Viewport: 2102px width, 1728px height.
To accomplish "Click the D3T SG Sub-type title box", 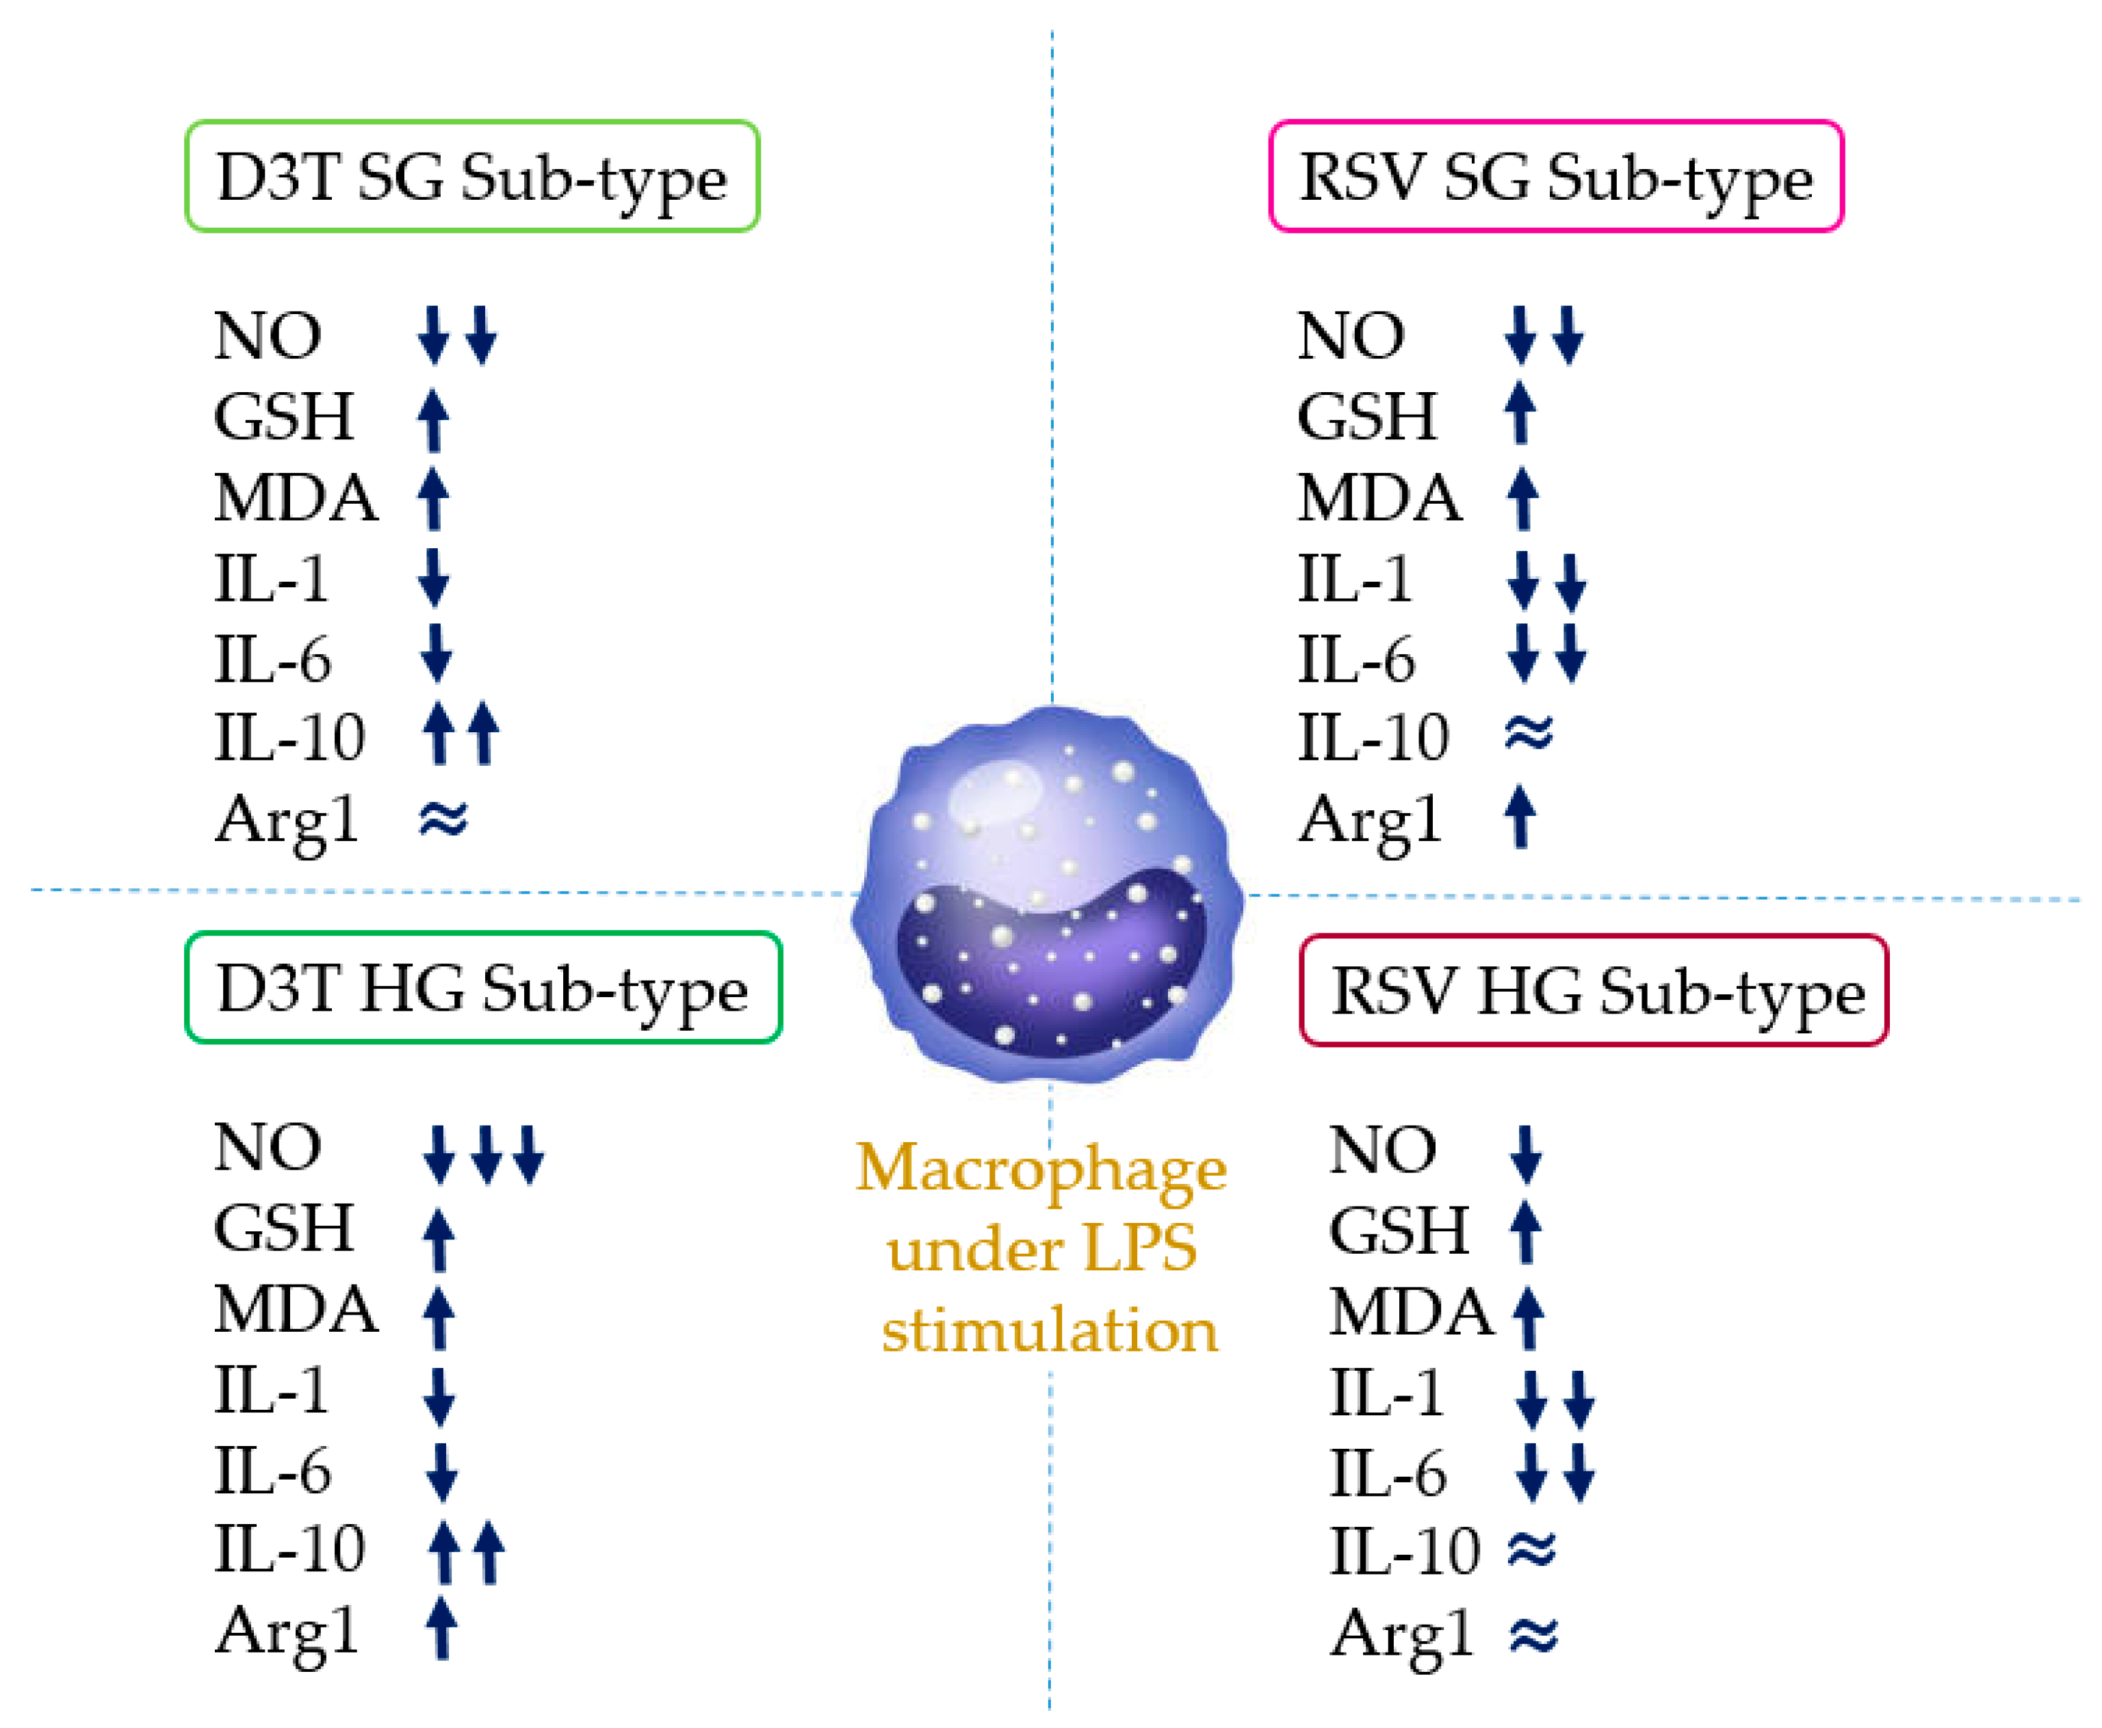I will click(x=471, y=177).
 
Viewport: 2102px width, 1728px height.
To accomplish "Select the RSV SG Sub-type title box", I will click(x=1555, y=177).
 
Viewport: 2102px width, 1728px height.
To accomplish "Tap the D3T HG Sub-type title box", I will click(x=482, y=988).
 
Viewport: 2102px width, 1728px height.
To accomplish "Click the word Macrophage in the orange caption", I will click(x=1041, y=1169).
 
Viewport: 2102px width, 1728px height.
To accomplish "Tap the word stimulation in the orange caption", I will click(x=1049, y=1331).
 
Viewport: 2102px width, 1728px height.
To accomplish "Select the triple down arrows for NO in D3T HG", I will click(x=484, y=1155).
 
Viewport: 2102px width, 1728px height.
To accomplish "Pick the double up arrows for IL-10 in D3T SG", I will click(x=460, y=734).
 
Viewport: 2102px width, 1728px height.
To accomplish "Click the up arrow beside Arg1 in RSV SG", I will click(x=1520, y=816).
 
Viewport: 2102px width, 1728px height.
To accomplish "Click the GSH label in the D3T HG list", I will click(x=284, y=1228).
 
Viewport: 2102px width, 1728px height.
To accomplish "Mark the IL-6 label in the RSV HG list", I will click(x=1388, y=1474).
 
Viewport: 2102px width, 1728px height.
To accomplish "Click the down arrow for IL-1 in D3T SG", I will click(x=434, y=578).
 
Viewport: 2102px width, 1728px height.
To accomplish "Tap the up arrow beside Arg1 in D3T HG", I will click(x=441, y=1629).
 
